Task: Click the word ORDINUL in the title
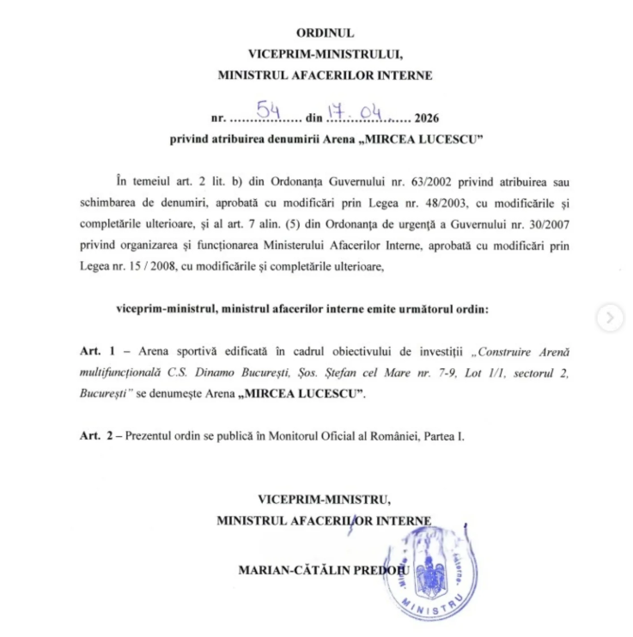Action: point(325,33)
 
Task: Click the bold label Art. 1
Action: point(95,352)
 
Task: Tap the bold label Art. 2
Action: point(95,436)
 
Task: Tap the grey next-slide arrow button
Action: point(610,318)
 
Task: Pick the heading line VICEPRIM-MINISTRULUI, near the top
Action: point(325,53)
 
